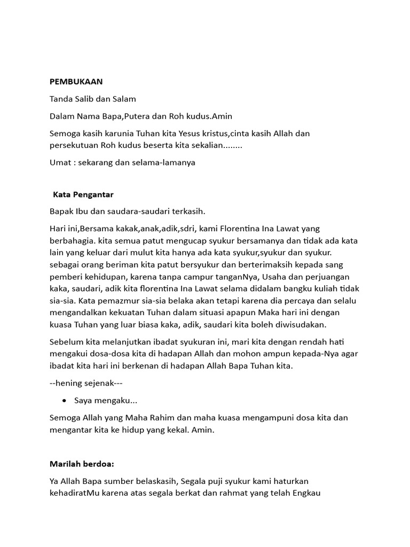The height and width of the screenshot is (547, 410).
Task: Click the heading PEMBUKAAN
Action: click(76, 82)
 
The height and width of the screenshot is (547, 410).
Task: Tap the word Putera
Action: click(141, 116)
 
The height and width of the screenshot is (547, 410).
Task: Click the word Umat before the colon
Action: click(59, 162)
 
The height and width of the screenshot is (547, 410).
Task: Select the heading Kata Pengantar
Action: click(83, 194)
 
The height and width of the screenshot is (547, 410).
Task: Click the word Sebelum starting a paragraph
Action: click(67, 341)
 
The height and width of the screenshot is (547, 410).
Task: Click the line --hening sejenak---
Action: click(86, 383)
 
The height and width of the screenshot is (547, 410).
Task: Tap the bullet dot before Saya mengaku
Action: click(65, 400)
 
